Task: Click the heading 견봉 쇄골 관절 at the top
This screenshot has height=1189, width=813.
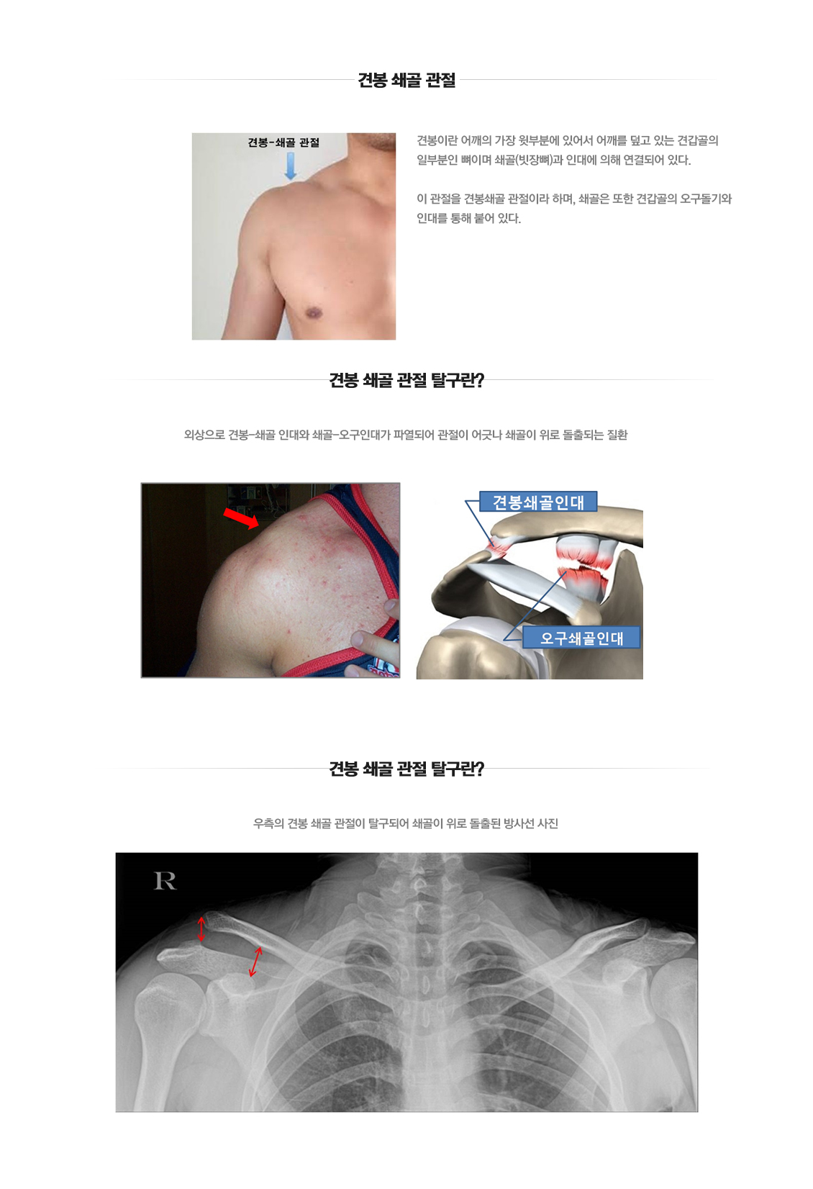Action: [x=407, y=80]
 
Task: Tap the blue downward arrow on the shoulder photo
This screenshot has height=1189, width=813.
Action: [x=290, y=165]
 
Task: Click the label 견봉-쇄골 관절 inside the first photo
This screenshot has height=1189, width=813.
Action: [x=283, y=143]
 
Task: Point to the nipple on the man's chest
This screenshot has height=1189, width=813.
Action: [x=313, y=313]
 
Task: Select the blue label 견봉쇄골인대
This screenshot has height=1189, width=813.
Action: [x=538, y=502]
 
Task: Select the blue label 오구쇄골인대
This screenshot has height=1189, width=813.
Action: [x=581, y=638]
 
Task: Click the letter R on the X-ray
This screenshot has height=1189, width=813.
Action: [x=165, y=881]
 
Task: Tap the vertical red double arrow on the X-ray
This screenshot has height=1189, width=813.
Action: [x=201, y=928]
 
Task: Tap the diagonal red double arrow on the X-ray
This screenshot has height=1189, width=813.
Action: [x=255, y=962]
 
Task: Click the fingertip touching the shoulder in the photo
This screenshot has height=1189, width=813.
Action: [x=358, y=638]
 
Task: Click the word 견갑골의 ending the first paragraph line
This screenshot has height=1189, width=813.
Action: [x=698, y=140]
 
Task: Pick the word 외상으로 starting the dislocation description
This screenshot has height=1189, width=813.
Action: [x=204, y=435]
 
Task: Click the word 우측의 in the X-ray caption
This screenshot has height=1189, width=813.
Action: [x=268, y=823]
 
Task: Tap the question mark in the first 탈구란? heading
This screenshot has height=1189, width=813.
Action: [x=480, y=380]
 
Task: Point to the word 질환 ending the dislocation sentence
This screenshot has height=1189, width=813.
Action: [x=617, y=435]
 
